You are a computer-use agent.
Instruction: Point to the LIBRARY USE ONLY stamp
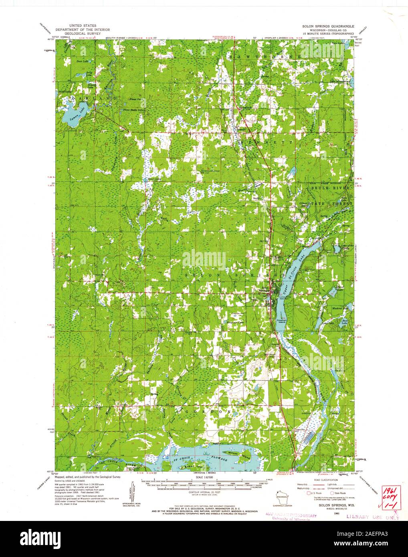tap(373, 517)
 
